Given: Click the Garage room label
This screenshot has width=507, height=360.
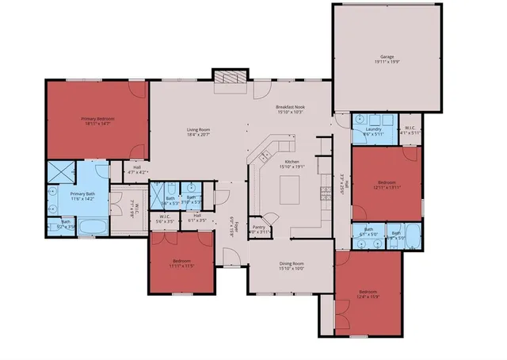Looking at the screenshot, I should coord(387,57).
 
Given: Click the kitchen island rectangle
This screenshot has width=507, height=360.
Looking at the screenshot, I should coord(291,189).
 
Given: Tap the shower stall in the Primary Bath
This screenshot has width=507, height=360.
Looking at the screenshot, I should coord(61,174).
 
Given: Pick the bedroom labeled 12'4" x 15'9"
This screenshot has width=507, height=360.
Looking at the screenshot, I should coord(368,295).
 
